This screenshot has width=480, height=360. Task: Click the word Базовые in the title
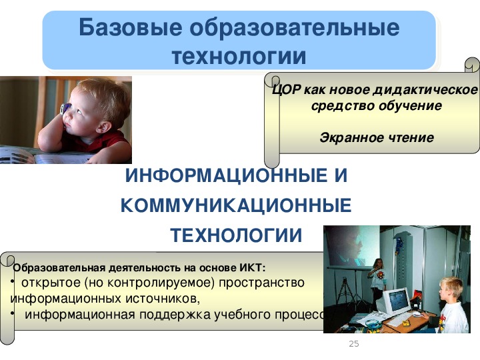131,28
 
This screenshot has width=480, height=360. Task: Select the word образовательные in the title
295,27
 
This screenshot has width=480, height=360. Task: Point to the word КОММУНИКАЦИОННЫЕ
236,205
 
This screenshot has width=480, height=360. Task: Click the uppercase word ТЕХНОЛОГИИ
236,235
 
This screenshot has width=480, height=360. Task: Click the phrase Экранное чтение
377,138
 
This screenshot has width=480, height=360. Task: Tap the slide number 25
354,344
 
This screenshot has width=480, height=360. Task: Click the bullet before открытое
13,281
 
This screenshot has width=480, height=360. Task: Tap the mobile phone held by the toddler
65,109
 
